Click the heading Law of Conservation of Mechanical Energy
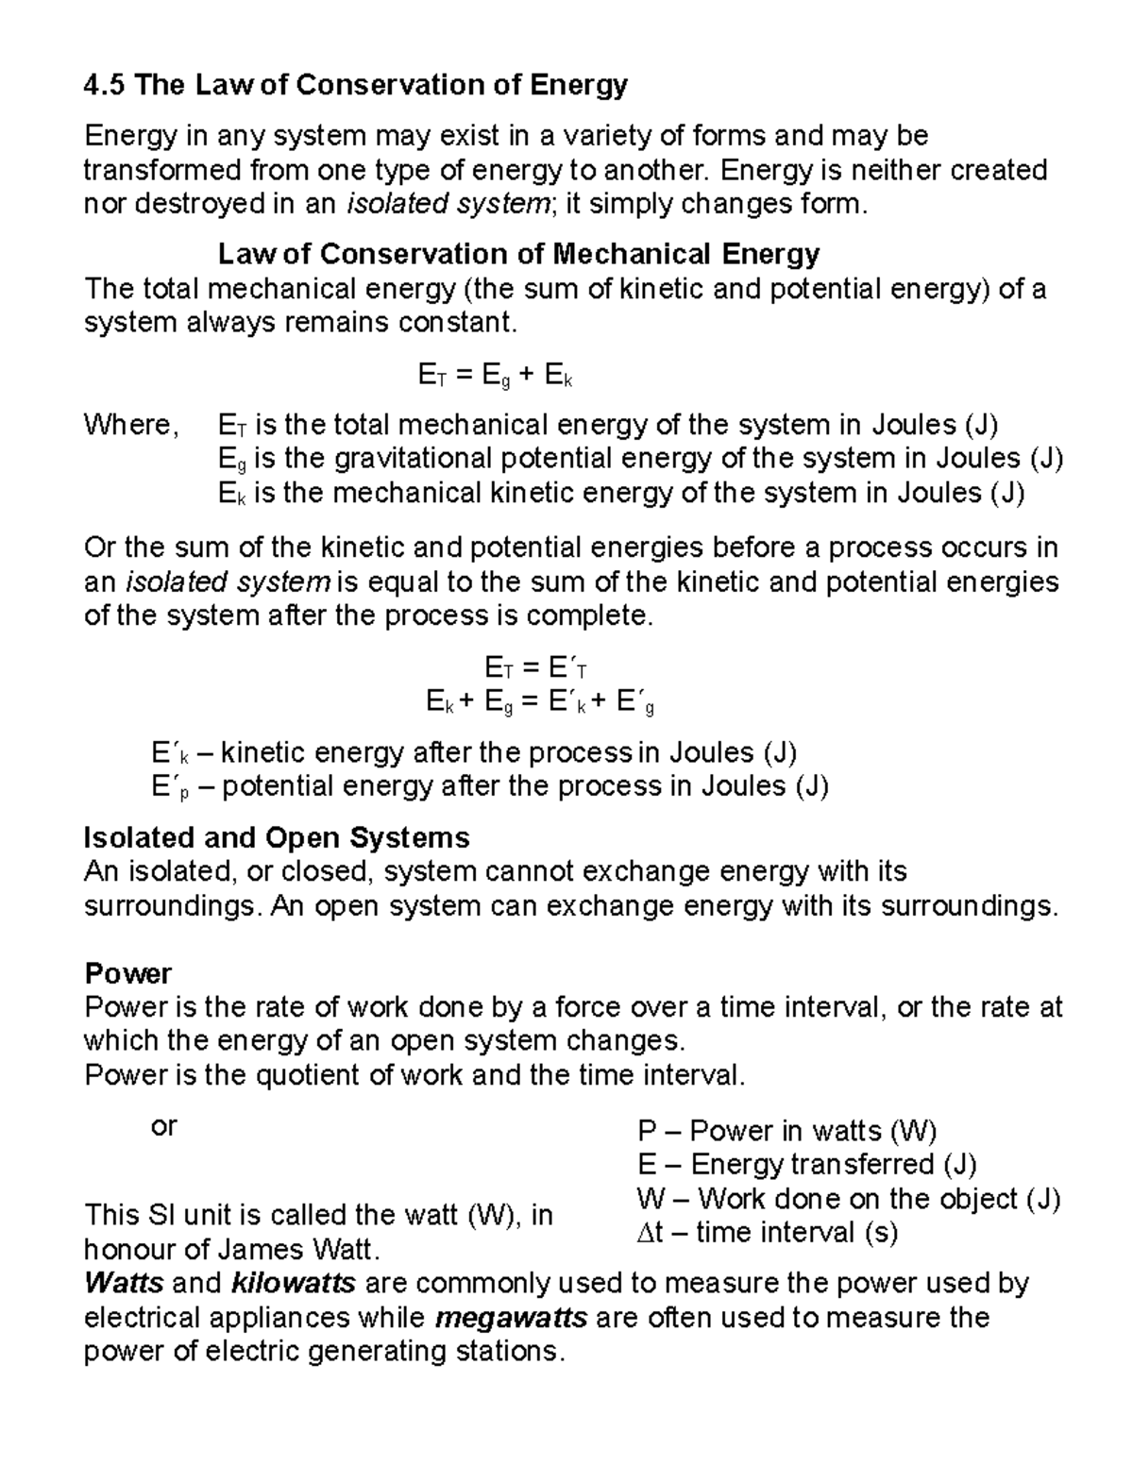[x=518, y=254]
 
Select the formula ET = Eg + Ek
[x=495, y=377]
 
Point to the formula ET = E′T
[x=535, y=668]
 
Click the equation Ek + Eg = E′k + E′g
[x=540, y=702]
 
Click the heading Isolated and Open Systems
[x=277, y=837]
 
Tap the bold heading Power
[x=127, y=973]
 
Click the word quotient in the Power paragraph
[x=308, y=1075]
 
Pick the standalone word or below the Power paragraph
[x=163, y=1125]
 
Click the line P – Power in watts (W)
[x=786, y=1131]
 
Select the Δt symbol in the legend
[x=651, y=1233]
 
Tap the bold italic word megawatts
[x=512, y=1317]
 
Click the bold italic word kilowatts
[x=292, y=1283]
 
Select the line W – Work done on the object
[x=848, y=1199]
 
